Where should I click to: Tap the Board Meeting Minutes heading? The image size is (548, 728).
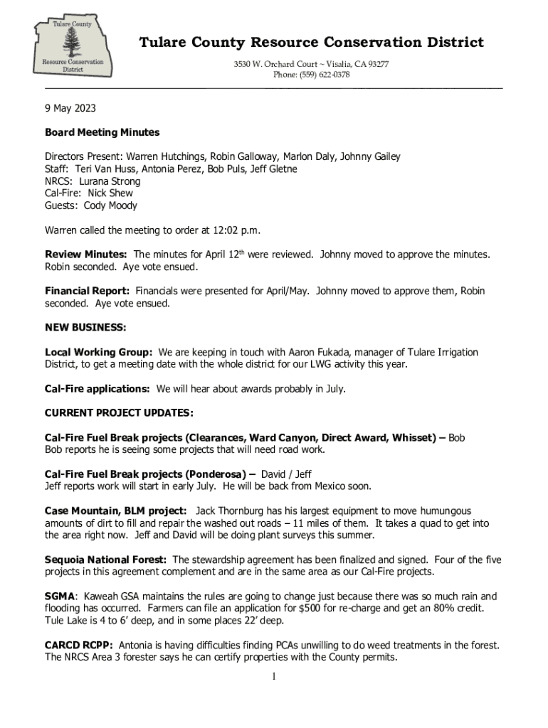[x=102, y=132]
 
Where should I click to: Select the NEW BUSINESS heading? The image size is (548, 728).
[x=85, y=328]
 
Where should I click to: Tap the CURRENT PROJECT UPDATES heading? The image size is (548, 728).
[x=119, y=413]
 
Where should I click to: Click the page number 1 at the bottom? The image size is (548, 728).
[x=273, y=675]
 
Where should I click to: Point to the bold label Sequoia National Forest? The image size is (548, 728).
[x=106, y=560]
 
